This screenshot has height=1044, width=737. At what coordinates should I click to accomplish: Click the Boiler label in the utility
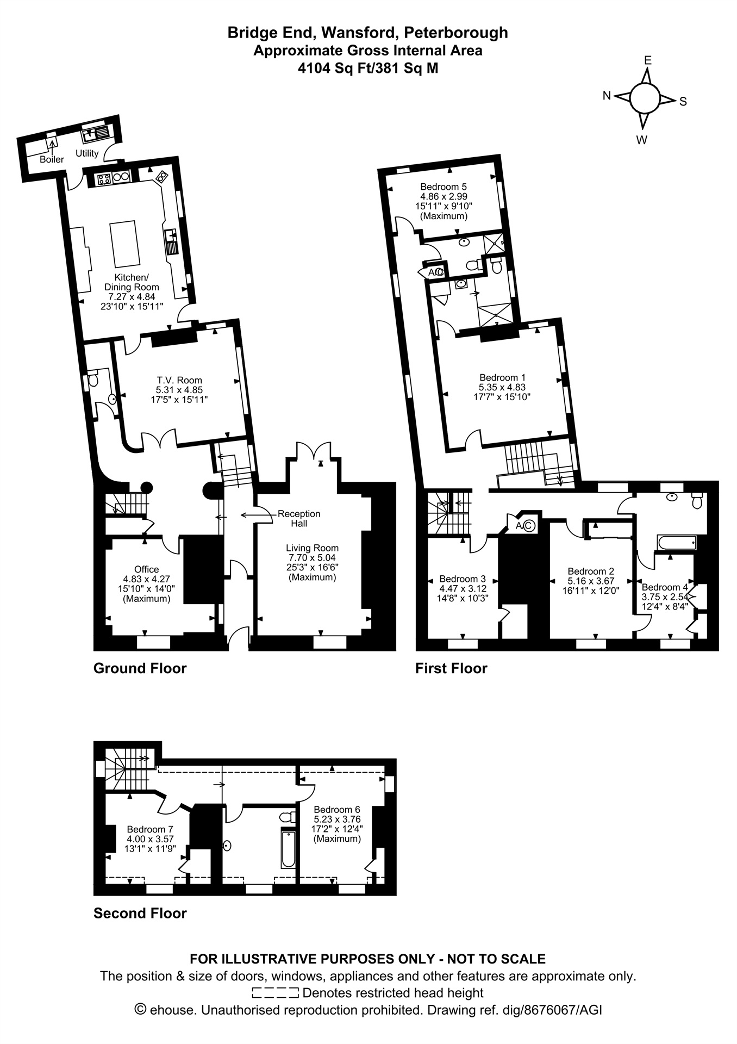pos(52,159)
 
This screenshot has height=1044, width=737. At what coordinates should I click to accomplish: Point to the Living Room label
pos(313,548)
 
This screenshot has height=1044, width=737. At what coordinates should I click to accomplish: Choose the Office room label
pos(147,569)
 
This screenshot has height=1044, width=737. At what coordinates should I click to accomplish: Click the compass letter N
pos(607,96)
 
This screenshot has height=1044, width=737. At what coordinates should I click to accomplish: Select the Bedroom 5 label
pos(444,187)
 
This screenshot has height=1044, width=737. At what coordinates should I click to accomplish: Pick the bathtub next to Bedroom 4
pos(677,543)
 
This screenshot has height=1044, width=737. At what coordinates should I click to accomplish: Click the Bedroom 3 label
pos(463,579)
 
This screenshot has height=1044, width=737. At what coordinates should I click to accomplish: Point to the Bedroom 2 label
pos(591,571)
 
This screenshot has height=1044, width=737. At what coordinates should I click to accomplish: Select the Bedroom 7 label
pos(150,829)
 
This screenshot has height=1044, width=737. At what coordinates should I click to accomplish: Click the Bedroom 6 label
pos(337,809)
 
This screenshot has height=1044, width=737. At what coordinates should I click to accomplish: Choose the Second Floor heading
pos(140,913)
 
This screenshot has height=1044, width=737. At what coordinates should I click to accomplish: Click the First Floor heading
pos(451,668)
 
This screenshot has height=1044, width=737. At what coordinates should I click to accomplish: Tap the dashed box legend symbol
pos(276,993)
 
